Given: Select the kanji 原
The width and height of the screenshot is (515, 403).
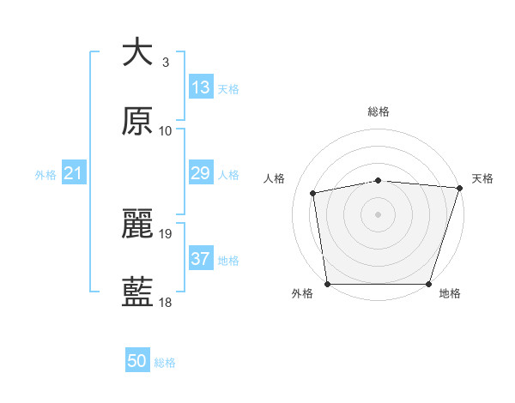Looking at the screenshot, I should (137, 122).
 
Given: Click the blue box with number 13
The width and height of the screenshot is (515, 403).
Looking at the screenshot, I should (201, 87).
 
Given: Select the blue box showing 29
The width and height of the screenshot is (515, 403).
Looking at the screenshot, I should (201, 173).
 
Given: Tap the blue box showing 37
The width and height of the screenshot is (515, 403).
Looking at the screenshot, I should (201, 259).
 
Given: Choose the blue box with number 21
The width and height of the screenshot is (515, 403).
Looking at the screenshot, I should (74, 173).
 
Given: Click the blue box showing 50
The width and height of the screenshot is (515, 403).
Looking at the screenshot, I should (137, 361).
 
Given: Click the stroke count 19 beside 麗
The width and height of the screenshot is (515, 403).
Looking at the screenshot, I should (167, 233).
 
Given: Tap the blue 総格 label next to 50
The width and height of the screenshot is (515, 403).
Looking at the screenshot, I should (165, 363).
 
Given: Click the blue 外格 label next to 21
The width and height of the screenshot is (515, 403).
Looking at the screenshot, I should (45, 175).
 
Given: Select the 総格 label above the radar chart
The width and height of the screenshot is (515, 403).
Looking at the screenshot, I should (378, 111).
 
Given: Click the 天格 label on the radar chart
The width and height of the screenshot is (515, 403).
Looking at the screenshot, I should (482, 178).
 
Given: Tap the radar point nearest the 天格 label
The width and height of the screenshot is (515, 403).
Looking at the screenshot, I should (459, 188).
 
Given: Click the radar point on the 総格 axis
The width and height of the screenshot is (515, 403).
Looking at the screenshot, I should (378, 180).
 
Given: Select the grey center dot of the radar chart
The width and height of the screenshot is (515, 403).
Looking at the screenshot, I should (378, 214).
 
